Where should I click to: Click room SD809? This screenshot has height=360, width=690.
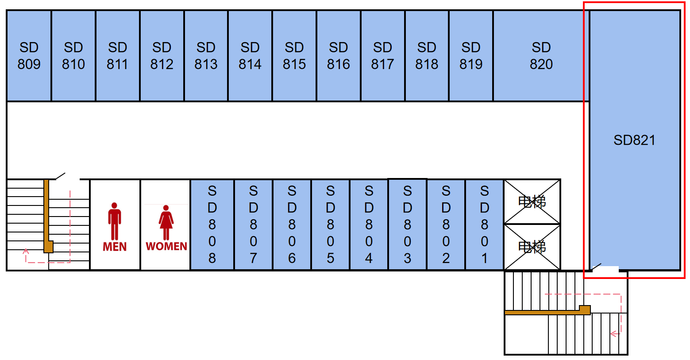(29, 56)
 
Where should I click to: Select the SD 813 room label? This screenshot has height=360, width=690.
(206, 56)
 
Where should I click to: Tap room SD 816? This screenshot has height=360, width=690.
(338, 56)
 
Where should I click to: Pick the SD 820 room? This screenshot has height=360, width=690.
(541, 56)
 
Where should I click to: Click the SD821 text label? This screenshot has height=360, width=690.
(634, 140)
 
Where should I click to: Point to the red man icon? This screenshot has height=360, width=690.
(115, 221)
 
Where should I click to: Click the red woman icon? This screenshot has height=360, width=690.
(166, 222)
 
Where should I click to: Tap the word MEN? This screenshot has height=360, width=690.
(115, 247)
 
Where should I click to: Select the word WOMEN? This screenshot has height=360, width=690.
(166, 246)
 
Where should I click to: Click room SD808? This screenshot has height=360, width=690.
(212, 225)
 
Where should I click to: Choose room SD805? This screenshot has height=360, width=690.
(330, 225)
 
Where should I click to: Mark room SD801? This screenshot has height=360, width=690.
(484, 225)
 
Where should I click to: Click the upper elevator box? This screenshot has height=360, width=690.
(532, 202)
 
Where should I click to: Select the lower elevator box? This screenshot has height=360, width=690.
(532, 247)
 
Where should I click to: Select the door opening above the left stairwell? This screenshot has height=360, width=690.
(67, 178)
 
